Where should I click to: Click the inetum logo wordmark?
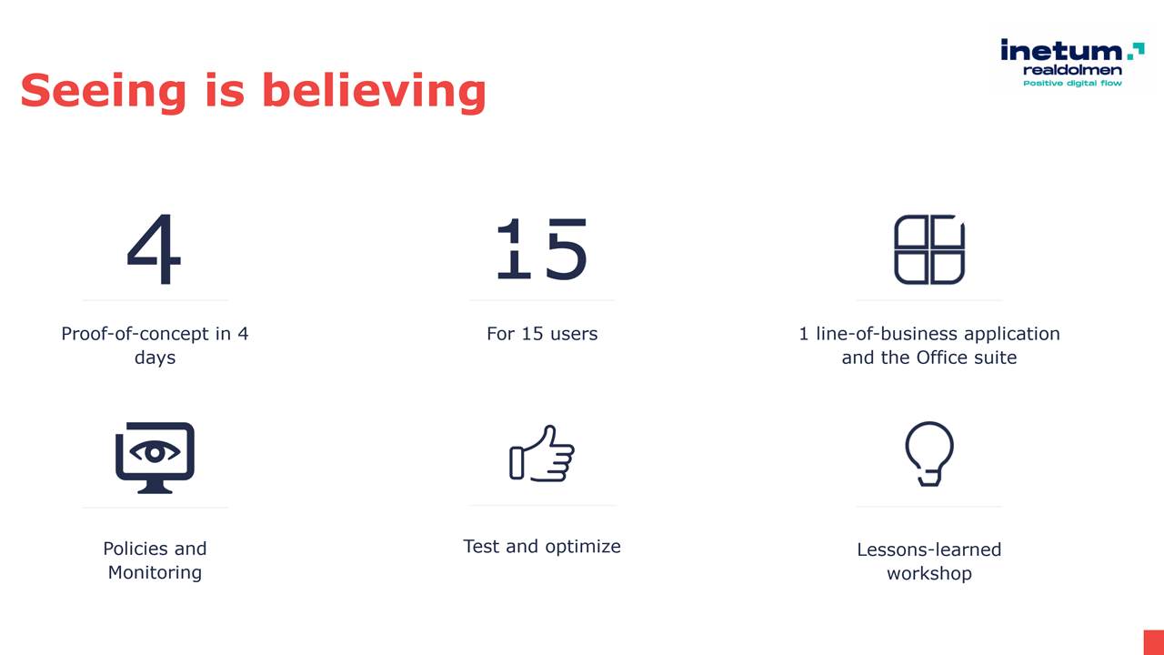[x=1061, y=50]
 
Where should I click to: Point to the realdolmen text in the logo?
[x=1072, y=70]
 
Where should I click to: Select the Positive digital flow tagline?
[x=1072, y=83]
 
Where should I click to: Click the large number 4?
[x=155, y=249]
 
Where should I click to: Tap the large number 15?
[x=542, y=249]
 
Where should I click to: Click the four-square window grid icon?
[x=929, y=249]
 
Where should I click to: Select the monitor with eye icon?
[x=155, y=458]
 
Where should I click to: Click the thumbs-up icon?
[x=542, y=453]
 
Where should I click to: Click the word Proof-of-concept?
[x=135, y=334]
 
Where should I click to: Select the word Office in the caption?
[x=941, y=358]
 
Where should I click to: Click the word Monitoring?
[x=155, y=572]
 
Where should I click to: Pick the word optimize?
[x=583, y=547]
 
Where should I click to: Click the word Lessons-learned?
[x=929, y=549]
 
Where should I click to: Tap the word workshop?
[x=929, y=573]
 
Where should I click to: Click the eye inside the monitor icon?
[x=155, y=452]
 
